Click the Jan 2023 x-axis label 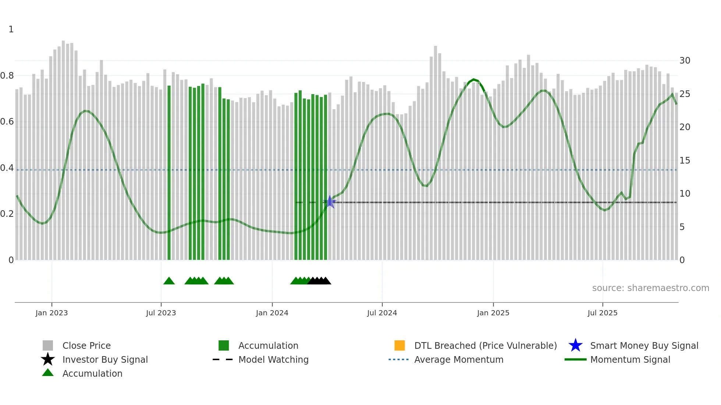coord(51,313)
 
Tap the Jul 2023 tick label coord(161,313)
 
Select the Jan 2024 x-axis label coord(272,313)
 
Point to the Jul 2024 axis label coord(382,313)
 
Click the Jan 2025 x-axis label coord(493,313)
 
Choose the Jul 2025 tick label coord(602,313)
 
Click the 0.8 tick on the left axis coord(7,76)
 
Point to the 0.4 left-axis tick coord(7,168)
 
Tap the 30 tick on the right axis coord(685,61)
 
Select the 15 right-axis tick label coord(685,161)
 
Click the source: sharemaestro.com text coord(650,288)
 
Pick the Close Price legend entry coord(86,345)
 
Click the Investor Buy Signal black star coord(48,359)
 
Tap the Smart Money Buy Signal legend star coord(575,345)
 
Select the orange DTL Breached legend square coord(399,345)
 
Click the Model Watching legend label coord(273,359)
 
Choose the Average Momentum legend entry coord(459,359)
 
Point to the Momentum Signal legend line coord(575,359)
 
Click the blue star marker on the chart coord(330,202)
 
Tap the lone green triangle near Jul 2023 coord(169,281)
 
